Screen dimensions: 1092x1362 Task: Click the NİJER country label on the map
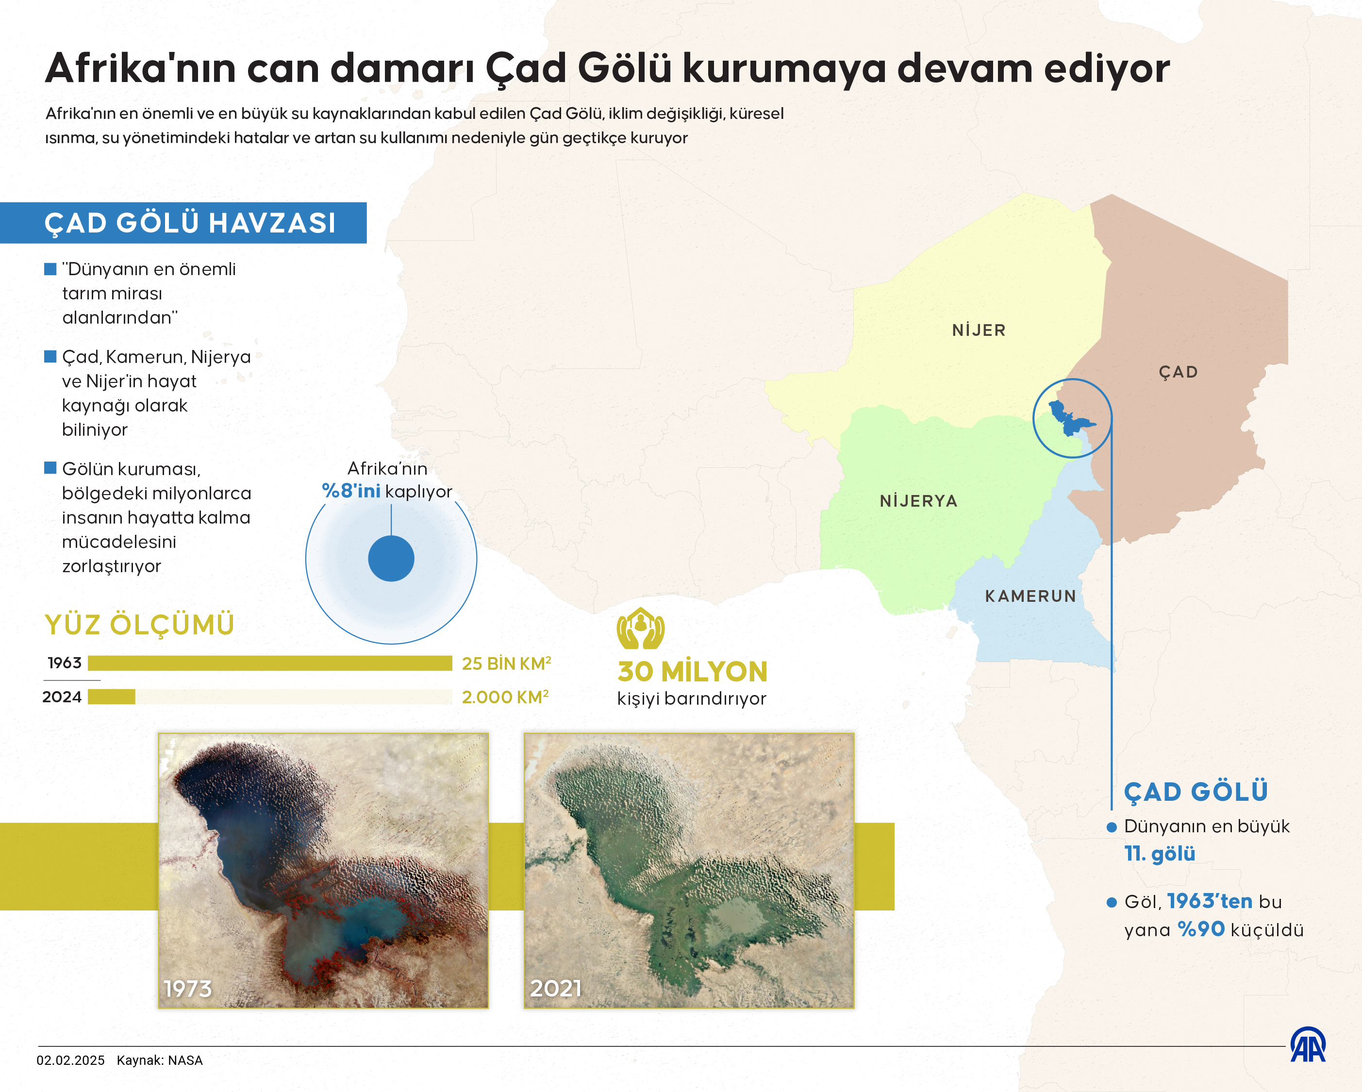[x=979, y=331]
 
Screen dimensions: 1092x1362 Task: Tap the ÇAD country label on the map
[x=1178, y=372]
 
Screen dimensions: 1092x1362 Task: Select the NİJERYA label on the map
[x=918, y=501]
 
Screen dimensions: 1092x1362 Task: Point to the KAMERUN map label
[x=1030, y=596]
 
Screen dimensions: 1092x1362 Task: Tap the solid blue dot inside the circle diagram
[x=391, y=558]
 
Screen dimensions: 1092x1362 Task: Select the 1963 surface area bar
[x=270, y=663]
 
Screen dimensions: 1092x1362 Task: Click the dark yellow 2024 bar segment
[x=111, y=696]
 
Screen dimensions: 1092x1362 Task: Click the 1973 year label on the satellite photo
[x=188, y=989]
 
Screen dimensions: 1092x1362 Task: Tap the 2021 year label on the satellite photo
[x=555, y=989]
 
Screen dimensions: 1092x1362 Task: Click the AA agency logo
[x=1308, y=1045]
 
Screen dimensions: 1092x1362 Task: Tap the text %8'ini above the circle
[x=351, y=491]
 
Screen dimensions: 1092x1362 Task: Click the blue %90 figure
[x=1201, y=929]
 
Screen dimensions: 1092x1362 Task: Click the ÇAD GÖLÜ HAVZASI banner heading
[x=189, y=223]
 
